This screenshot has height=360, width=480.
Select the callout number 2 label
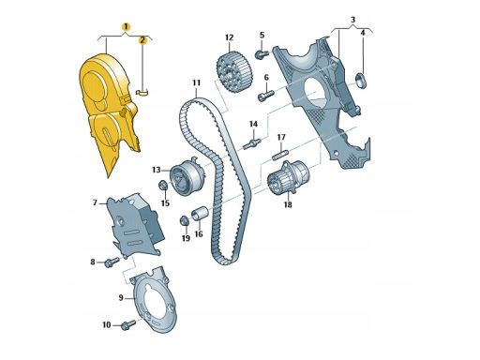142,40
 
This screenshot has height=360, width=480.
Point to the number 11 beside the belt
197,84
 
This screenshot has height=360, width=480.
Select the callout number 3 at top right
352,19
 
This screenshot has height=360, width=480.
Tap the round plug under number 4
363,76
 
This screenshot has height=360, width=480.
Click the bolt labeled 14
251,143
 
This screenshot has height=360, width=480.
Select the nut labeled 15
163,185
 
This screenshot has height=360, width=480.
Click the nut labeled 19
185,221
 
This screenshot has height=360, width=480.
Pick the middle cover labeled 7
128,221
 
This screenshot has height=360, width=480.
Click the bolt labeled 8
112,262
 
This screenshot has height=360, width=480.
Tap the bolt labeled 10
127,325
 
